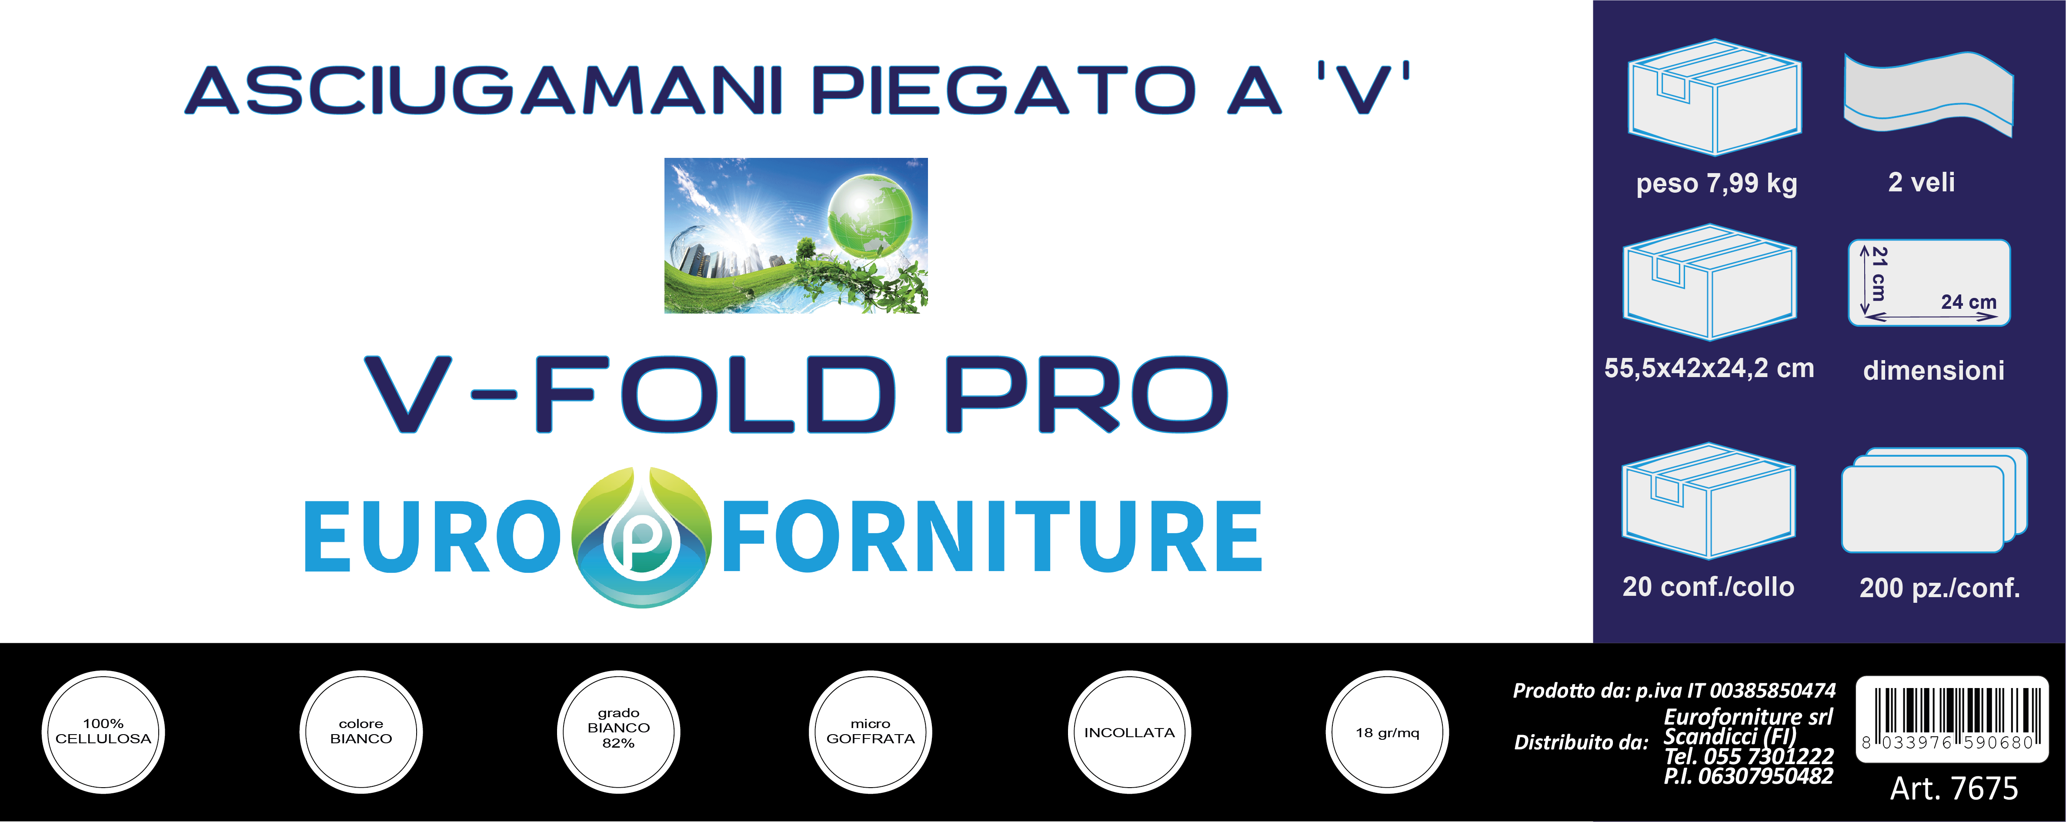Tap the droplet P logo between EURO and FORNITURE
click(x=641, y=537)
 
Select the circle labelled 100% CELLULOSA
click(x=103, y=732)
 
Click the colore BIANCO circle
click(x=361, y=732)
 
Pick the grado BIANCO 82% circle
click(x=618, y=732)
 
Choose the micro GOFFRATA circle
click(x=870, y=732)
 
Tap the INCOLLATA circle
click(x=1129, y=732)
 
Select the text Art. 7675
click(x=1954, y=789)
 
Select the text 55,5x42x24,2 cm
click(x=1709, y=368)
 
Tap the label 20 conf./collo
click(x=1708, y=587)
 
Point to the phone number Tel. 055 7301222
click(x=1749, y=756)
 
